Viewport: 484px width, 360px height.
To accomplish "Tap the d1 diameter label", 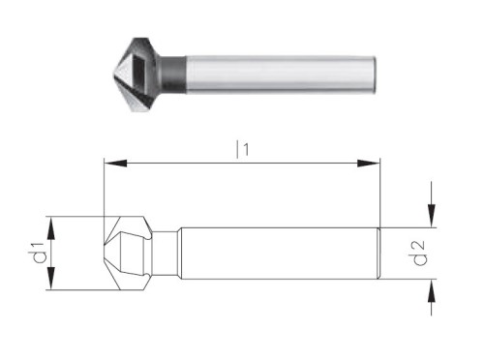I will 40,254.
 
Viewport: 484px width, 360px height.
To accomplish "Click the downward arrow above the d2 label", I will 431,219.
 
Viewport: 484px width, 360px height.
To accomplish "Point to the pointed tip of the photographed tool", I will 106,69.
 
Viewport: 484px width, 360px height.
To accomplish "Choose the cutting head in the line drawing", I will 129,254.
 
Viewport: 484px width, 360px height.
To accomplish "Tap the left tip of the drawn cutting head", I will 103,254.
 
